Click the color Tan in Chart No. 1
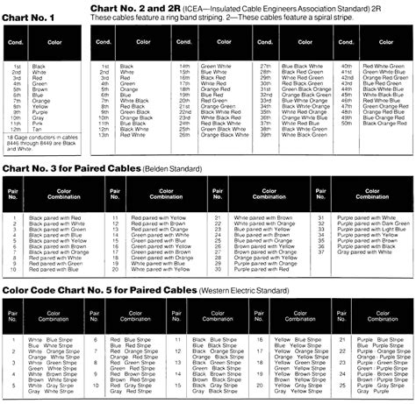point(39,130)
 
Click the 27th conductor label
point(266,66)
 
